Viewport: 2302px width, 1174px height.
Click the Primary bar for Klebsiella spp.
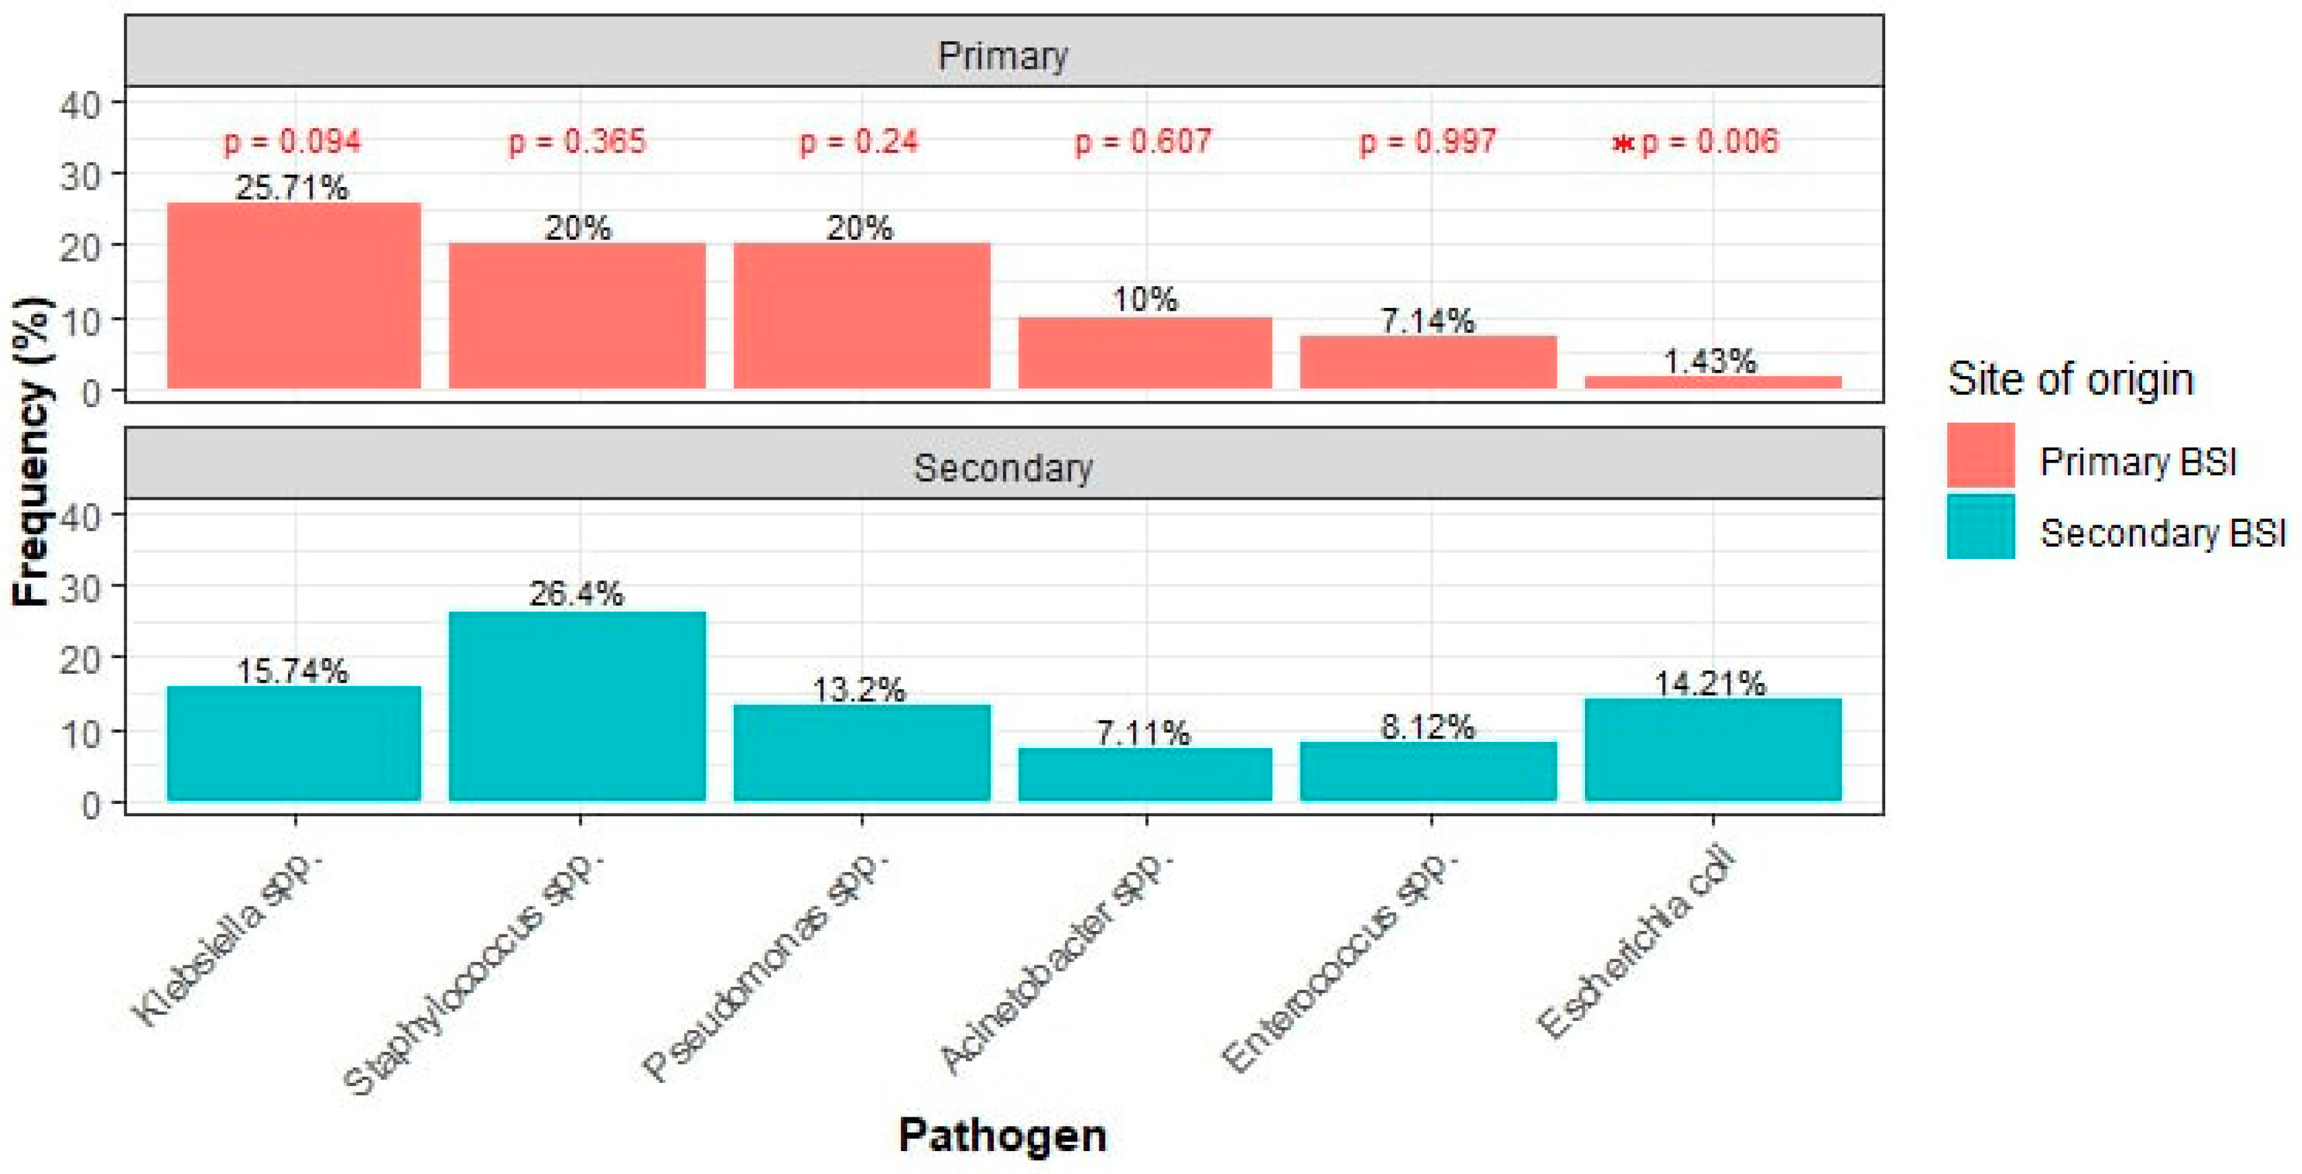(293, 295)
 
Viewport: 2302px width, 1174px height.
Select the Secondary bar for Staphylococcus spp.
(577, 705)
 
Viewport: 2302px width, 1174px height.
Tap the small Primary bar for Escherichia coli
(1713, 382)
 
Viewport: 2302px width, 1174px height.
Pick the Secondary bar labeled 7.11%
(1145, 774)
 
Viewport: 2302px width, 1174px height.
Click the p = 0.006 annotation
(1710, 141)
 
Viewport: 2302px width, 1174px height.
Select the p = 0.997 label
(1427, 141)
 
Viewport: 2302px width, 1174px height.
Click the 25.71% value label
(291, 187)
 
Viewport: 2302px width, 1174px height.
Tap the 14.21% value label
(1710, 683)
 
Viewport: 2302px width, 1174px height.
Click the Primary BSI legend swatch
(1980, 454)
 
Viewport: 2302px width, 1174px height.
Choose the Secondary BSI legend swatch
(1980, 527)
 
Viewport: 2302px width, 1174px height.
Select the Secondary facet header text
(1003, 468)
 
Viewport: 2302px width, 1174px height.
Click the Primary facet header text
(1003, 55)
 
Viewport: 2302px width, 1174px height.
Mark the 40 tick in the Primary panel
(80, 105)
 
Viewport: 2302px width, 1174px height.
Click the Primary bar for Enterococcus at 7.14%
(1427, 361)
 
